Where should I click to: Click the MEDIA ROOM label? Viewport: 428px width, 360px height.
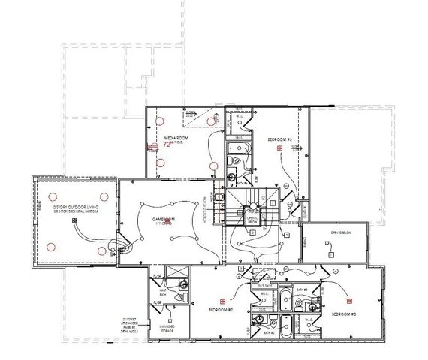pyautogui.click(x=176, y=137)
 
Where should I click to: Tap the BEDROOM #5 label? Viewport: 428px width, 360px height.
pyautogui.click(x=279, y=139)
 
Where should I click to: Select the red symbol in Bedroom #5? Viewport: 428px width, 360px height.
pyautogui.click(x=279, y=149)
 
